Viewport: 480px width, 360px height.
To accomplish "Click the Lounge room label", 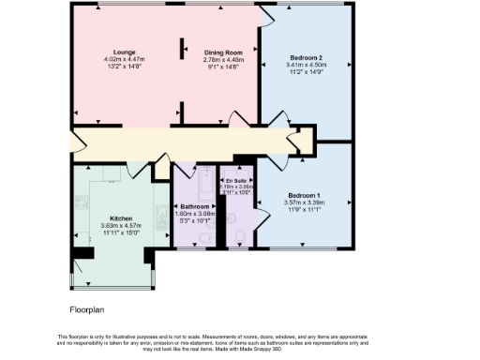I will [125, 52].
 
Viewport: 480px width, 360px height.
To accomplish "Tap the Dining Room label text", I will [223, 52].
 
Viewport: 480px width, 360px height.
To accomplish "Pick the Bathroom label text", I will [194, 205].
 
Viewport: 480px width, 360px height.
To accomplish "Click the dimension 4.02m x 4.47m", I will [125, 60].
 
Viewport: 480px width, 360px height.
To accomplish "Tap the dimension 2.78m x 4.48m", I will [223, 60].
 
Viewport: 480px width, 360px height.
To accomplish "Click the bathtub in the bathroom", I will [194, 176].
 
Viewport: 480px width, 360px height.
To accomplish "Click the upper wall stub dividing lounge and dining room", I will [181, 48].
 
